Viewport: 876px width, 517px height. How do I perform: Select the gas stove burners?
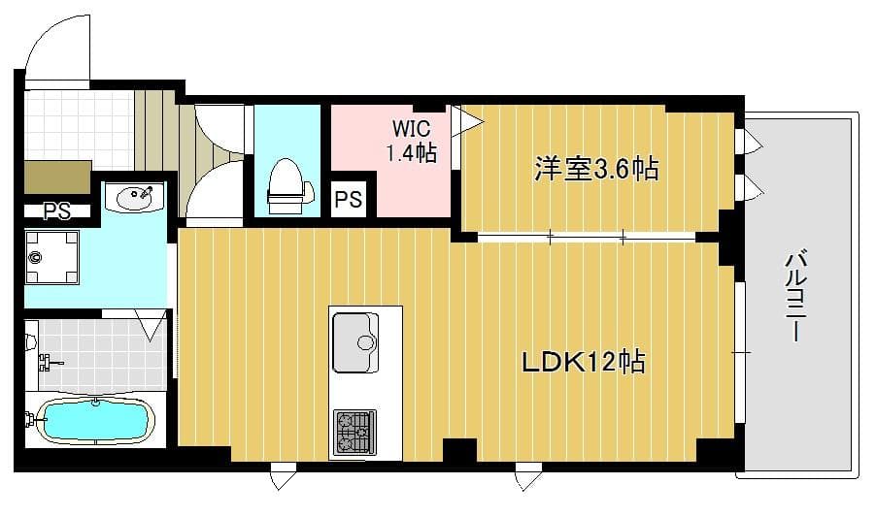[354, 432]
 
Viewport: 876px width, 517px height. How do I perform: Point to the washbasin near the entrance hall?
[135, 198]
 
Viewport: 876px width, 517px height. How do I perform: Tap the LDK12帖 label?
[584, 364]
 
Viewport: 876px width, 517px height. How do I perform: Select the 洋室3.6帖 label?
[595, 169]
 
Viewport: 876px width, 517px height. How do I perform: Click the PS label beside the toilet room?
[348, 200]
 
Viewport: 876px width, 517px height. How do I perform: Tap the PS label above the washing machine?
[56, 211]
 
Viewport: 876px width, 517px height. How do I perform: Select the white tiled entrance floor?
[78, 126]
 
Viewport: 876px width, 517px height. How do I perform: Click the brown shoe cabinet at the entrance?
[57, 178]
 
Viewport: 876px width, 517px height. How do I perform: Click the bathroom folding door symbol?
[151, 324]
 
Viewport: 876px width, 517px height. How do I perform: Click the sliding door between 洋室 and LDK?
[587, 236]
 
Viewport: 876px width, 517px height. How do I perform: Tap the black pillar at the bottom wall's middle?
[459, 451]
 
